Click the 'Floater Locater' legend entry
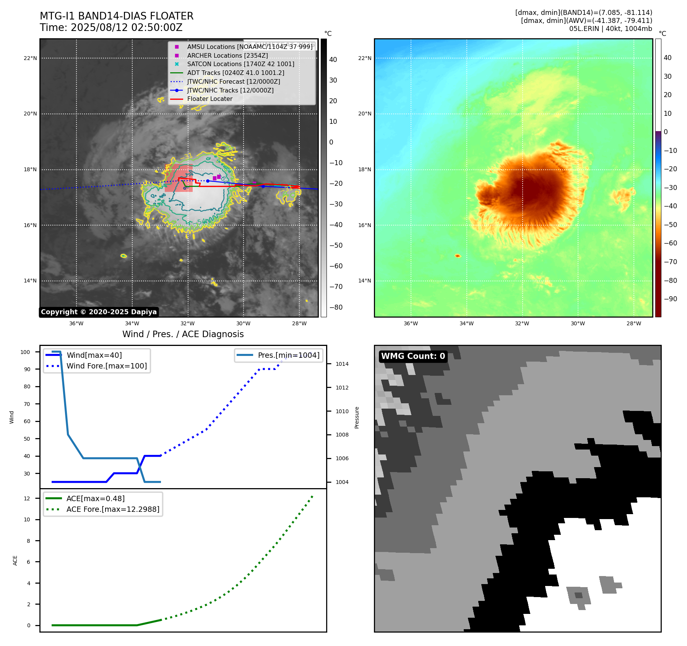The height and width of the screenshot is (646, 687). pyautogui.click(x=210, y=99)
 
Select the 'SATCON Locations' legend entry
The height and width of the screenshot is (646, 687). pyautogui.click(x=240, y=64)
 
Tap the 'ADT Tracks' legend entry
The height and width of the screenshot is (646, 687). pyautogui.click(x=235, y=73)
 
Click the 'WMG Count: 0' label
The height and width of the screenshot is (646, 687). pyautogui.click(x=413, y=356)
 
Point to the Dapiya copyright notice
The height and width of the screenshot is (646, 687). pyautogui.click(x=99, y=312)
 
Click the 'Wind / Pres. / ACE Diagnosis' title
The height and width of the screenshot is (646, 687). pyautogui.click(x=183, y=334)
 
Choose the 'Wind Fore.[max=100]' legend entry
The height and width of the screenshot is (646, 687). pyautogui.click(x=106, y=366)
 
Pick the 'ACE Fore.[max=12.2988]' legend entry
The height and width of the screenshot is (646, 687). pyautogui.click(x=113, y=509)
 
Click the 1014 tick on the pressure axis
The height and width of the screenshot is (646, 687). pyautogui.click(x=342, y=364)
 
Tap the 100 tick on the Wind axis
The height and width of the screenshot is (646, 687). pyautogui.click(x=25, y=352)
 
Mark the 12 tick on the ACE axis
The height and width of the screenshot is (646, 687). pyautogui.click(x=27, y=498)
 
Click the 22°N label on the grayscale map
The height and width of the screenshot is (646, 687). pyautogui.click(x=30, y=58)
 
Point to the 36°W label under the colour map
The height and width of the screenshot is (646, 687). pyautogui.click(x=411, y=323)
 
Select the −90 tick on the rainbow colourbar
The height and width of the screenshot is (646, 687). pyautogui.click(x=670, y=299)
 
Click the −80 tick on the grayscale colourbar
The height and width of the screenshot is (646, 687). pyautogui.click(x=336, y=307)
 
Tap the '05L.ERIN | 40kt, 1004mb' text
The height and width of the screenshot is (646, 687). pyautogui.click(x=611, y=29)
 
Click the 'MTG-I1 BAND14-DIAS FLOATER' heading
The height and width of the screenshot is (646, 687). pyautogui.click(x=117, y=16)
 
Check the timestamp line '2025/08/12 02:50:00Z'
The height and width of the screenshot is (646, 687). pyautogui.click(x=127, y=28)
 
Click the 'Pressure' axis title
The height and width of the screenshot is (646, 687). pyautogui.click(x=357, y=417)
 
